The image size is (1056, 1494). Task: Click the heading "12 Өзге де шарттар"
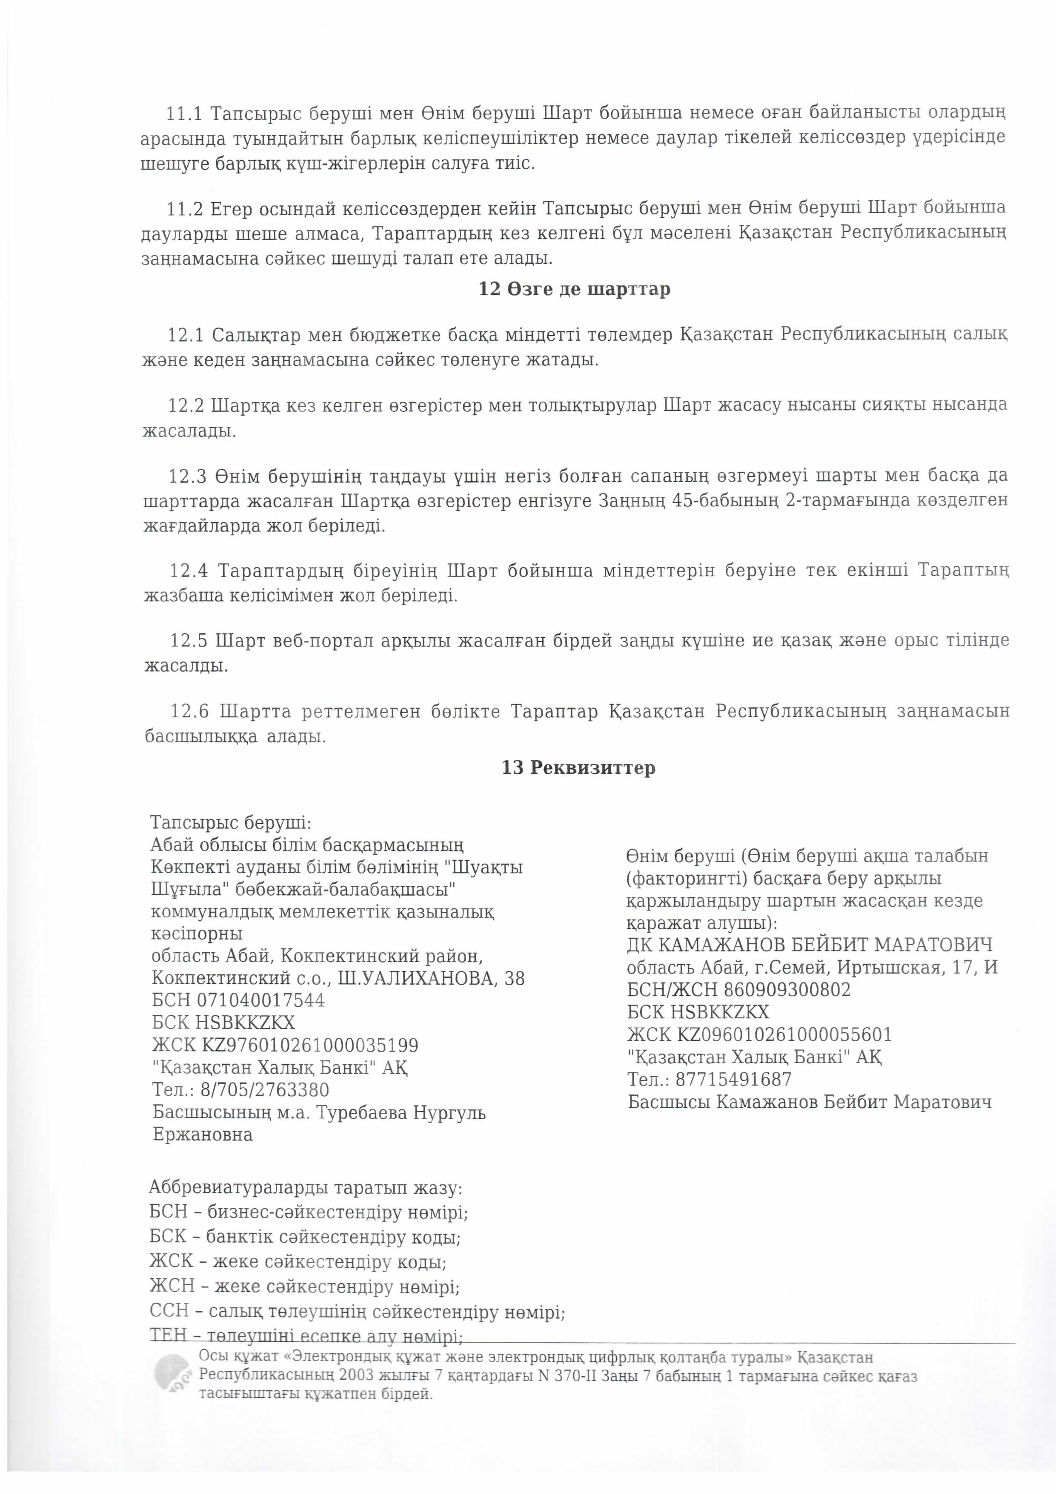[574, 288]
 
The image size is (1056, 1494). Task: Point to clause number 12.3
[187, 476]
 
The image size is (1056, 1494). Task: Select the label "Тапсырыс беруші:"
[231, 822]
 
